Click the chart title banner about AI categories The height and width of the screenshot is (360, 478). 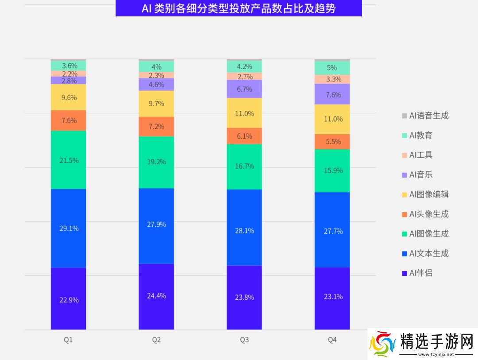[x=239, y=8]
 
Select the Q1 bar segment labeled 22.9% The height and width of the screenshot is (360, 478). [x=69, y=299]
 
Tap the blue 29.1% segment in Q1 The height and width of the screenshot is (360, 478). [x=69, y=228]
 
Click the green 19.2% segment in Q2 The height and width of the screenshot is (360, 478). [x=156, y=162]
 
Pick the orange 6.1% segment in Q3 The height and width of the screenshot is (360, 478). [x=244, y=136]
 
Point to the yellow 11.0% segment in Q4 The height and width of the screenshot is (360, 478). [x=332, y=119]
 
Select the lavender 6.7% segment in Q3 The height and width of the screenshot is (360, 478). [x=244, y=89]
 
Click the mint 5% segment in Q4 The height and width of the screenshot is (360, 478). [x=332, y=68]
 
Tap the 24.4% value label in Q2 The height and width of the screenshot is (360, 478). [x=156, y=296]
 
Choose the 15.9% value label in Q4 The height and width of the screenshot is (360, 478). [x=332, y=170]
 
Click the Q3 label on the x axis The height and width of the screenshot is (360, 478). [x=244, y=340]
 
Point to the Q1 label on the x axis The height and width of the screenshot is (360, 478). [x=69, y=340]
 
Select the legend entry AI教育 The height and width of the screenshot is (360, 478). [x=420, y=135]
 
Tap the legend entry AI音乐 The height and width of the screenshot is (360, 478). [x=420, y=175]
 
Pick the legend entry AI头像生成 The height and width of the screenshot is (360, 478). [x=428, y=214]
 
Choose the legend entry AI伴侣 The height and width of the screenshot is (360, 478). [x=420, y=273]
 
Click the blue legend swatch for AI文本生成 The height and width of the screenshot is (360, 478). [x=405, y=254]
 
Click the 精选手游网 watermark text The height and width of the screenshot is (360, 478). [x=436, y=342]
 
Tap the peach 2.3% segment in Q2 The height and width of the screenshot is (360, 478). [x=156, y=75]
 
